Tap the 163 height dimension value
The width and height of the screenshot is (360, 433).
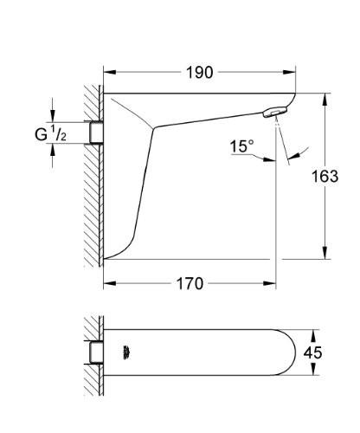coord(325,177)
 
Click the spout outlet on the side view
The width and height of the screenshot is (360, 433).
coord(273,113)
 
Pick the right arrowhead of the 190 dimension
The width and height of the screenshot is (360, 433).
coord(296,72)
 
